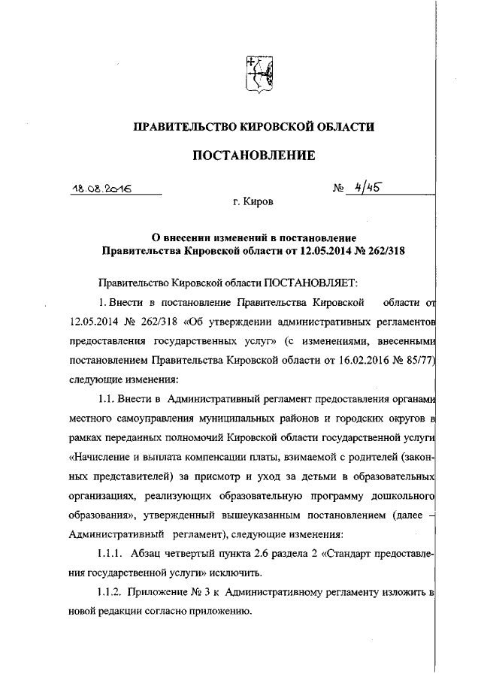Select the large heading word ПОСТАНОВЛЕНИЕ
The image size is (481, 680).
tap(253, 156)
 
